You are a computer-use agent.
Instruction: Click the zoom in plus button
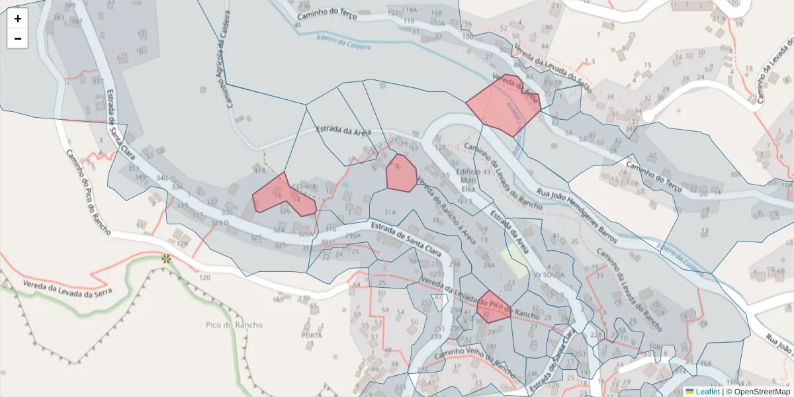(18, 19)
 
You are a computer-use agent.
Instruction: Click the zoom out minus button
(18, 38)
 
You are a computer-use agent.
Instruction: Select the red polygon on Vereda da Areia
(504, 105)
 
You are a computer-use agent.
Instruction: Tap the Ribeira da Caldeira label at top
(343, 42)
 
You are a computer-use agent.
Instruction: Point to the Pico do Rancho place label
(234, 325)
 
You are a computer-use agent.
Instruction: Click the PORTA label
(311, 335)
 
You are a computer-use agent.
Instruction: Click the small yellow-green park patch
(514, 263)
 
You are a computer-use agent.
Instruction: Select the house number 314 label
(389, 212)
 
